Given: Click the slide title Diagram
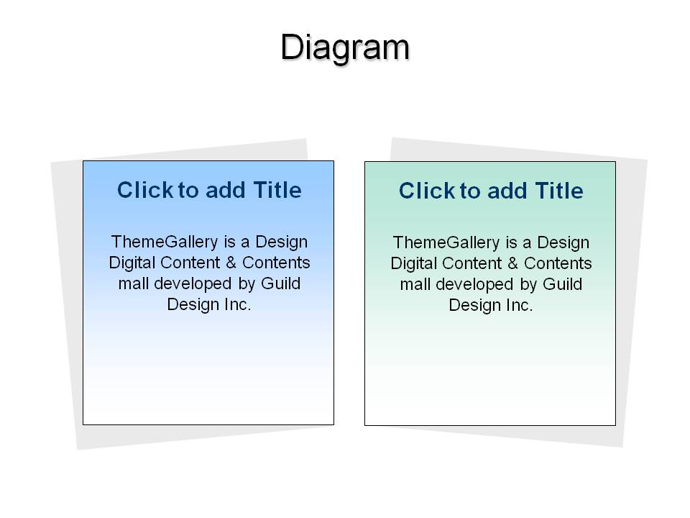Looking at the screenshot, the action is tap(345, 48).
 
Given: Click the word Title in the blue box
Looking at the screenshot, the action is tap(277, 190).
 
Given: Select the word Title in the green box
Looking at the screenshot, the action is tap(559, 191).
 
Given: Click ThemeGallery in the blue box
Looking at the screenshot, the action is tap(165, 242).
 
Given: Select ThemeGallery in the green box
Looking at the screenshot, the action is tap(446, 243).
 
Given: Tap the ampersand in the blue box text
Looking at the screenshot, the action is tap(231, 263).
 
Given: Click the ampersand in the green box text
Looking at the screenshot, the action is tap(512, 263).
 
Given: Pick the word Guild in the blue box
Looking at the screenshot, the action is tap(281, 283).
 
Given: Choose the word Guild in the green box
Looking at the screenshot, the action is tap(562, 284).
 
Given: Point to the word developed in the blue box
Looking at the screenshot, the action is tap(193, 283).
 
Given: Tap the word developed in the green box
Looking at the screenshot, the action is tap(474, 285).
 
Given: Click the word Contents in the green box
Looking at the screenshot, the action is tap(558, 263).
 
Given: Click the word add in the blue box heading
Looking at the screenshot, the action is tap(225, 190).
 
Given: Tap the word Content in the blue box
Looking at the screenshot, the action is tap(190, 263).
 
